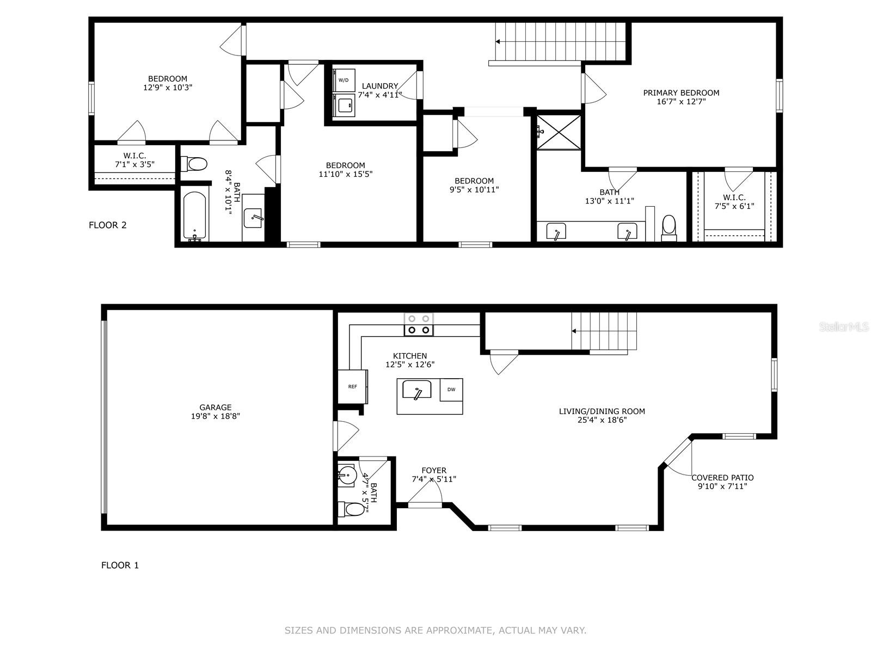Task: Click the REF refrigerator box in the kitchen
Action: pos(352,387)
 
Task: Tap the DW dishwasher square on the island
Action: pos(451,390)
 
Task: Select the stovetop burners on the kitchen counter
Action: pos(419,325)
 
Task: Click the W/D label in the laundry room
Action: pos(344,80)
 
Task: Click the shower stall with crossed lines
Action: pos(559,132)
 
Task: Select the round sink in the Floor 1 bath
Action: pos(346,475)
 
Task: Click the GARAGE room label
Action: pos(215,407)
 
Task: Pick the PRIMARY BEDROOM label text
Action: pos(681,93)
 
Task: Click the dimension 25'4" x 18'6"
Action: pos(602,420)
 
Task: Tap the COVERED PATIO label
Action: pos(722,478)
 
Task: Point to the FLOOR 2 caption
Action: pos(108,225)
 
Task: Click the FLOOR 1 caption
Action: pos(120,565)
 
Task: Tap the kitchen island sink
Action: pos(416,390)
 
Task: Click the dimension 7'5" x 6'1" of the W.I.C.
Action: pos(734,206)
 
